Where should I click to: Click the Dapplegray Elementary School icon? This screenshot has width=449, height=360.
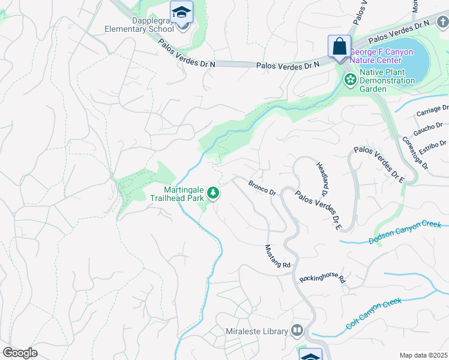pyautogui.click(x=181, y=12)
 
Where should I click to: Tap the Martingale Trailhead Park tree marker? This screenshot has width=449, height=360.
pyautogui.click(x=212, y=193)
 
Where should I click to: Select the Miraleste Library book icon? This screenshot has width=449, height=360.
pyautogui.click(x=297, y=331)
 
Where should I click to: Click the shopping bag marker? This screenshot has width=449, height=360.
pyautogui.click(x=339, y=46)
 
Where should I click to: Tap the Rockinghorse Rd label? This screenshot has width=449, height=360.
pyautogui.click(x=324, y=278)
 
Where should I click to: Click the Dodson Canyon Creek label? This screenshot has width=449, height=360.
pyautogui.click(x=405, y=233)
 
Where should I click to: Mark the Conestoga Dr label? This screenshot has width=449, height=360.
pyautogui.click(x=415, y=152)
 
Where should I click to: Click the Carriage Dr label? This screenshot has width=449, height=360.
pyautogui.click(x=432, y=112)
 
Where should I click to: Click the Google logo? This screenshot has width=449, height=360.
pyautogui.click(x=20, y=353)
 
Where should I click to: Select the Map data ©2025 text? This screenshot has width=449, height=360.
pyautogui.click(x=423, y=355)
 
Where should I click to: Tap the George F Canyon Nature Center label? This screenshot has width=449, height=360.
pyautogui.click(x=381, y=56)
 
